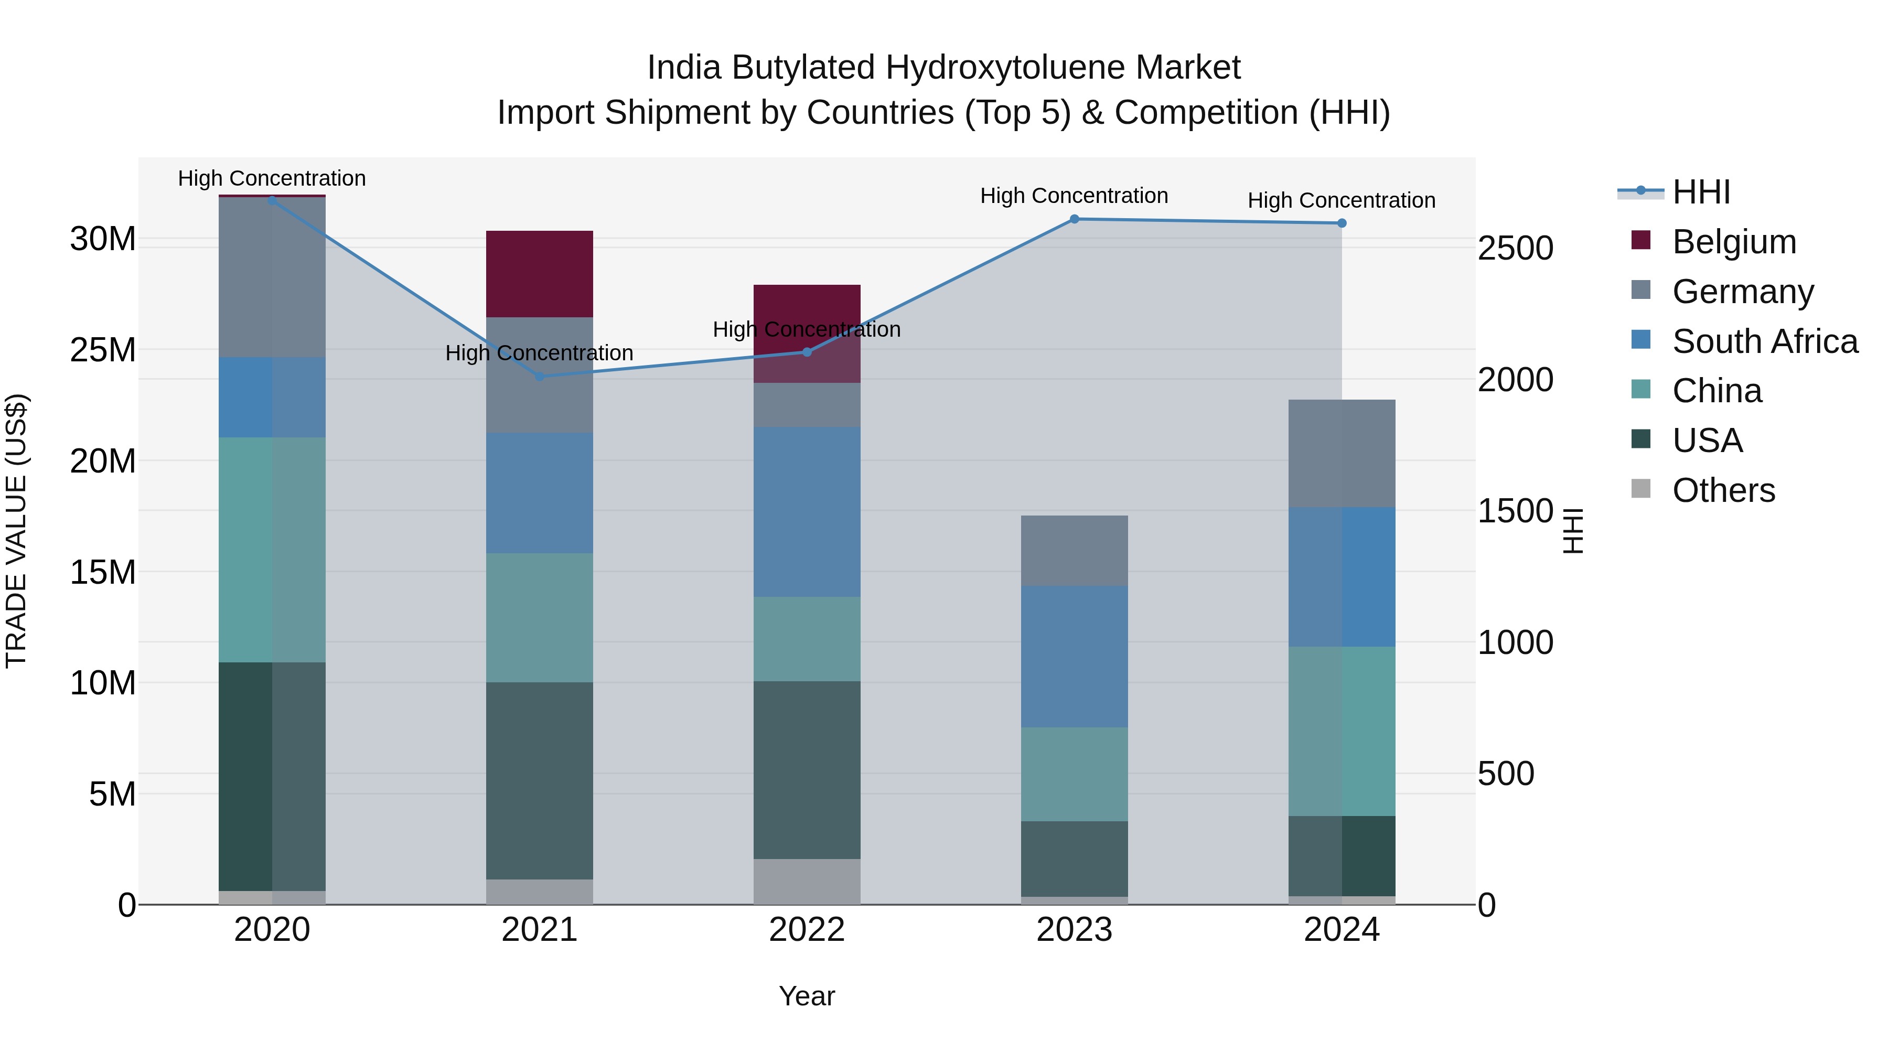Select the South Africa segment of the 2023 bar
1075,656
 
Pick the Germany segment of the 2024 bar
1342,453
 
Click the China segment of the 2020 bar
272,550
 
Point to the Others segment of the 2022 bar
807,881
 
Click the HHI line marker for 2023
1075,219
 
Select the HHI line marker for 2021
540,377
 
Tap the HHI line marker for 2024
1342,223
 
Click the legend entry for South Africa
1764,341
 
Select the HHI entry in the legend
1700,192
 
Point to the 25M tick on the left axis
103,350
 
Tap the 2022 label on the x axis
807,930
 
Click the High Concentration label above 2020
272,178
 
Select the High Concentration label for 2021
540,353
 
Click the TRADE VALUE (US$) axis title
16,531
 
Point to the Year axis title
807,996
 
